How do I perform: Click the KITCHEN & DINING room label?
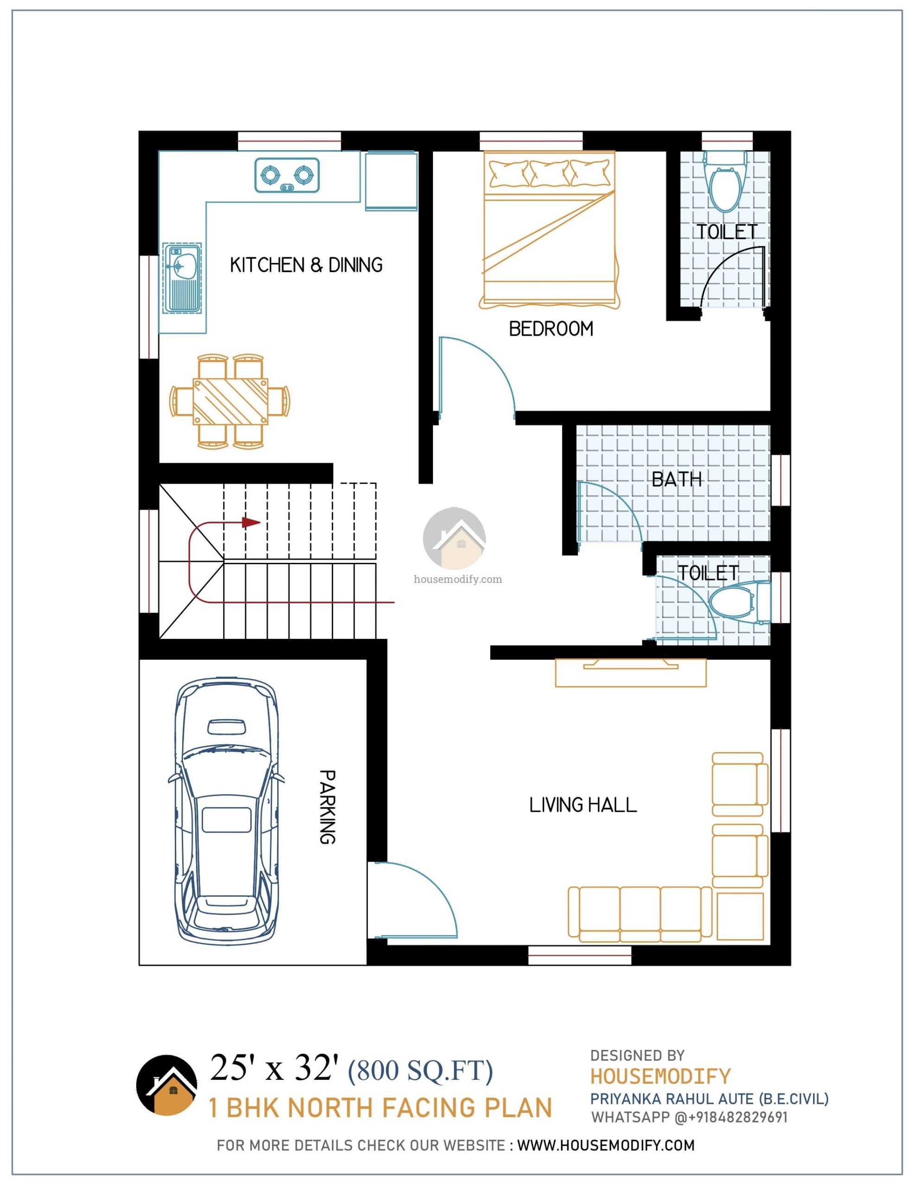[306, 265]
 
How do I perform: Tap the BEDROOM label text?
[551, 329]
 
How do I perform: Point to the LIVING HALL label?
[583, 805]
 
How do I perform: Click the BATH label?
[676, 479]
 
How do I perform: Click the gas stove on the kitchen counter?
[287, 175]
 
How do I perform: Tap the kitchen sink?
[182, 278]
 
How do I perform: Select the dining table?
[230, 402]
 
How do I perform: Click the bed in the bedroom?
[549, 230]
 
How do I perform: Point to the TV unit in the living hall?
[630, 672]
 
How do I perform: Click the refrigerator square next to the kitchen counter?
[391, 181]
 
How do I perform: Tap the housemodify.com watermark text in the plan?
[457, 580]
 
